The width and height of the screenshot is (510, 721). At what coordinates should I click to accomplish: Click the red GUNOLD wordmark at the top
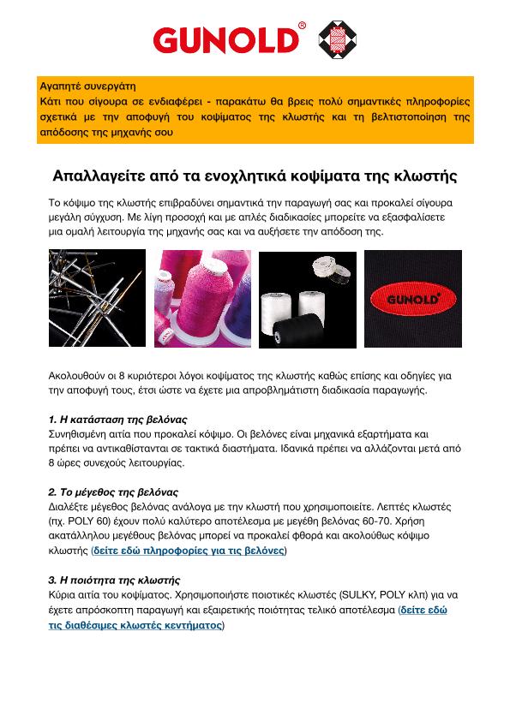225,40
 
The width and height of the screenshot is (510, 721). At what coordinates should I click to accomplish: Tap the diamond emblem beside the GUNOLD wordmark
338,39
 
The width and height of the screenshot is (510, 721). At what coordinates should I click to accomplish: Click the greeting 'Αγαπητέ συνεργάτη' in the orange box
87,86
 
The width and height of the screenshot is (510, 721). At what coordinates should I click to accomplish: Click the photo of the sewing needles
97,298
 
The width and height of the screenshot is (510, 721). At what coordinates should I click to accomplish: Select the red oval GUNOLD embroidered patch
413,299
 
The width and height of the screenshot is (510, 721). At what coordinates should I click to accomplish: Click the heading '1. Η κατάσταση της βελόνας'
117,420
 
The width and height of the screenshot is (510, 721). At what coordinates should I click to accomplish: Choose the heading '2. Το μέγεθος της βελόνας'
113,492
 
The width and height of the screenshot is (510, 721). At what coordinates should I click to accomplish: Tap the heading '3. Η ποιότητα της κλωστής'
114,581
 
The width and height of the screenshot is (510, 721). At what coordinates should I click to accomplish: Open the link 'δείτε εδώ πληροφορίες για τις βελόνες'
189,551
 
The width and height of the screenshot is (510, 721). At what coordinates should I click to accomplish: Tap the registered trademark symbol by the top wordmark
302,26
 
